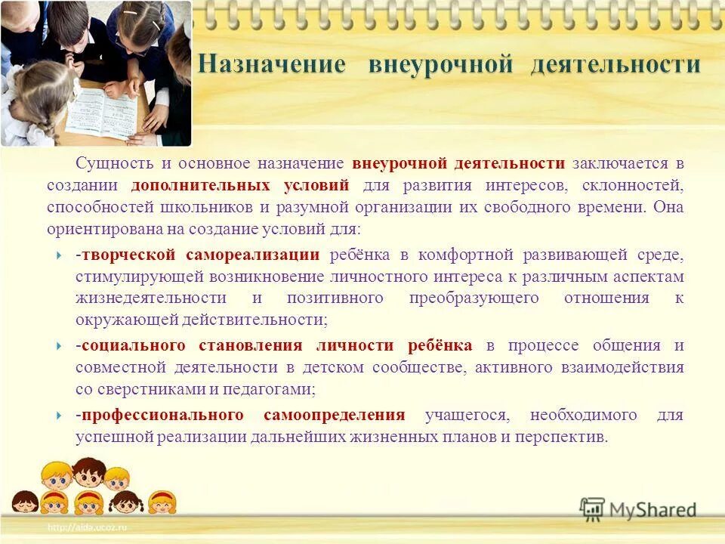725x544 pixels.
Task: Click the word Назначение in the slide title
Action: tap(272, 65)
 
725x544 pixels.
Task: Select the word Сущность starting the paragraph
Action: tap(106, 164)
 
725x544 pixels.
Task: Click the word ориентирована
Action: tap(96, 229)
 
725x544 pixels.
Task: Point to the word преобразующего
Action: tap(474, 298)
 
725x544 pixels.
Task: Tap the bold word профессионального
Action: tap(162, 416)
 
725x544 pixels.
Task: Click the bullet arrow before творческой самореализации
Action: tap(60, 255)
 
